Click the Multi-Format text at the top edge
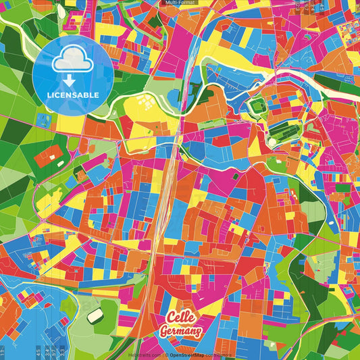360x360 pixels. [x=180, y=3]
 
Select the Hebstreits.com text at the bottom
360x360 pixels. [x=145, y=355]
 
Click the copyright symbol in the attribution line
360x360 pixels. [x=166, y=355]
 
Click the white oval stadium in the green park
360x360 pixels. [x=95, y=315]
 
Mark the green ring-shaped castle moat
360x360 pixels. [x=257, y=106]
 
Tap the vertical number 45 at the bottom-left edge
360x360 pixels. [x=38, y=351]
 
